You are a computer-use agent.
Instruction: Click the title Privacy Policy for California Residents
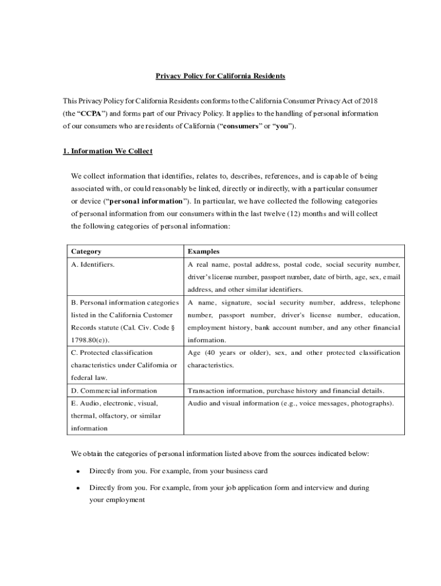tap(220, 76)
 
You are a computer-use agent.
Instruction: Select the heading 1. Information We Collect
tap(108, 151)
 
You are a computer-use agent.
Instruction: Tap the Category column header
tap(86, 251)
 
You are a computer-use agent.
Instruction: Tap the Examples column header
tap(203, 251)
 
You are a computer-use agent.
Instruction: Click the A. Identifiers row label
tap(93, 264)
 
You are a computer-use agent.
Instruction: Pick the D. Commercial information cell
tap(114, 390)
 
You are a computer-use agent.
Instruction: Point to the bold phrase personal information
tap(145, 201)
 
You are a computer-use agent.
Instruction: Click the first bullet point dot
tap(77, 472)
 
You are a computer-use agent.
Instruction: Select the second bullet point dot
tap(77, 489)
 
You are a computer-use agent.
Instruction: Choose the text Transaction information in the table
tap(225, 390)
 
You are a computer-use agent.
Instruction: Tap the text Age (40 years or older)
tap(229, 353)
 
